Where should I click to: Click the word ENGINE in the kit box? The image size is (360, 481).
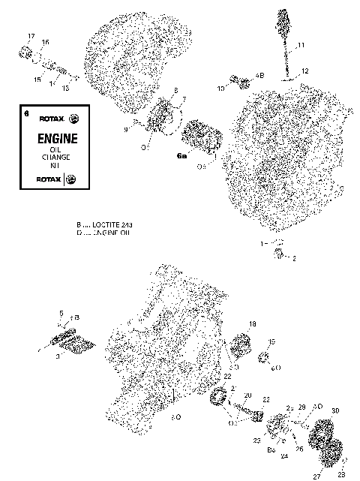(x=55, y=139)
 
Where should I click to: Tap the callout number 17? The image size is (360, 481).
(x=31, y=37)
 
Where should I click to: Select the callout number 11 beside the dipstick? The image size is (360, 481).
(x=301, y=47)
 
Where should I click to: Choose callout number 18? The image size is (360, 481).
(x=252, y=323)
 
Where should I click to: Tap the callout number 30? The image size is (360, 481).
(x=335, y=410)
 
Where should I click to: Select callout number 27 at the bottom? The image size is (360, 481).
(x=316, y=476)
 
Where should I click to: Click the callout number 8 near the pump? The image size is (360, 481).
(x=175, y=91)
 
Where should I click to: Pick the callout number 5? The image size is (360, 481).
(x=61, y=313)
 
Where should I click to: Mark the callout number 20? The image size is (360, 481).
(x=247, y=395)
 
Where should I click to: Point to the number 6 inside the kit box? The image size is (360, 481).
(x=26, y=114)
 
